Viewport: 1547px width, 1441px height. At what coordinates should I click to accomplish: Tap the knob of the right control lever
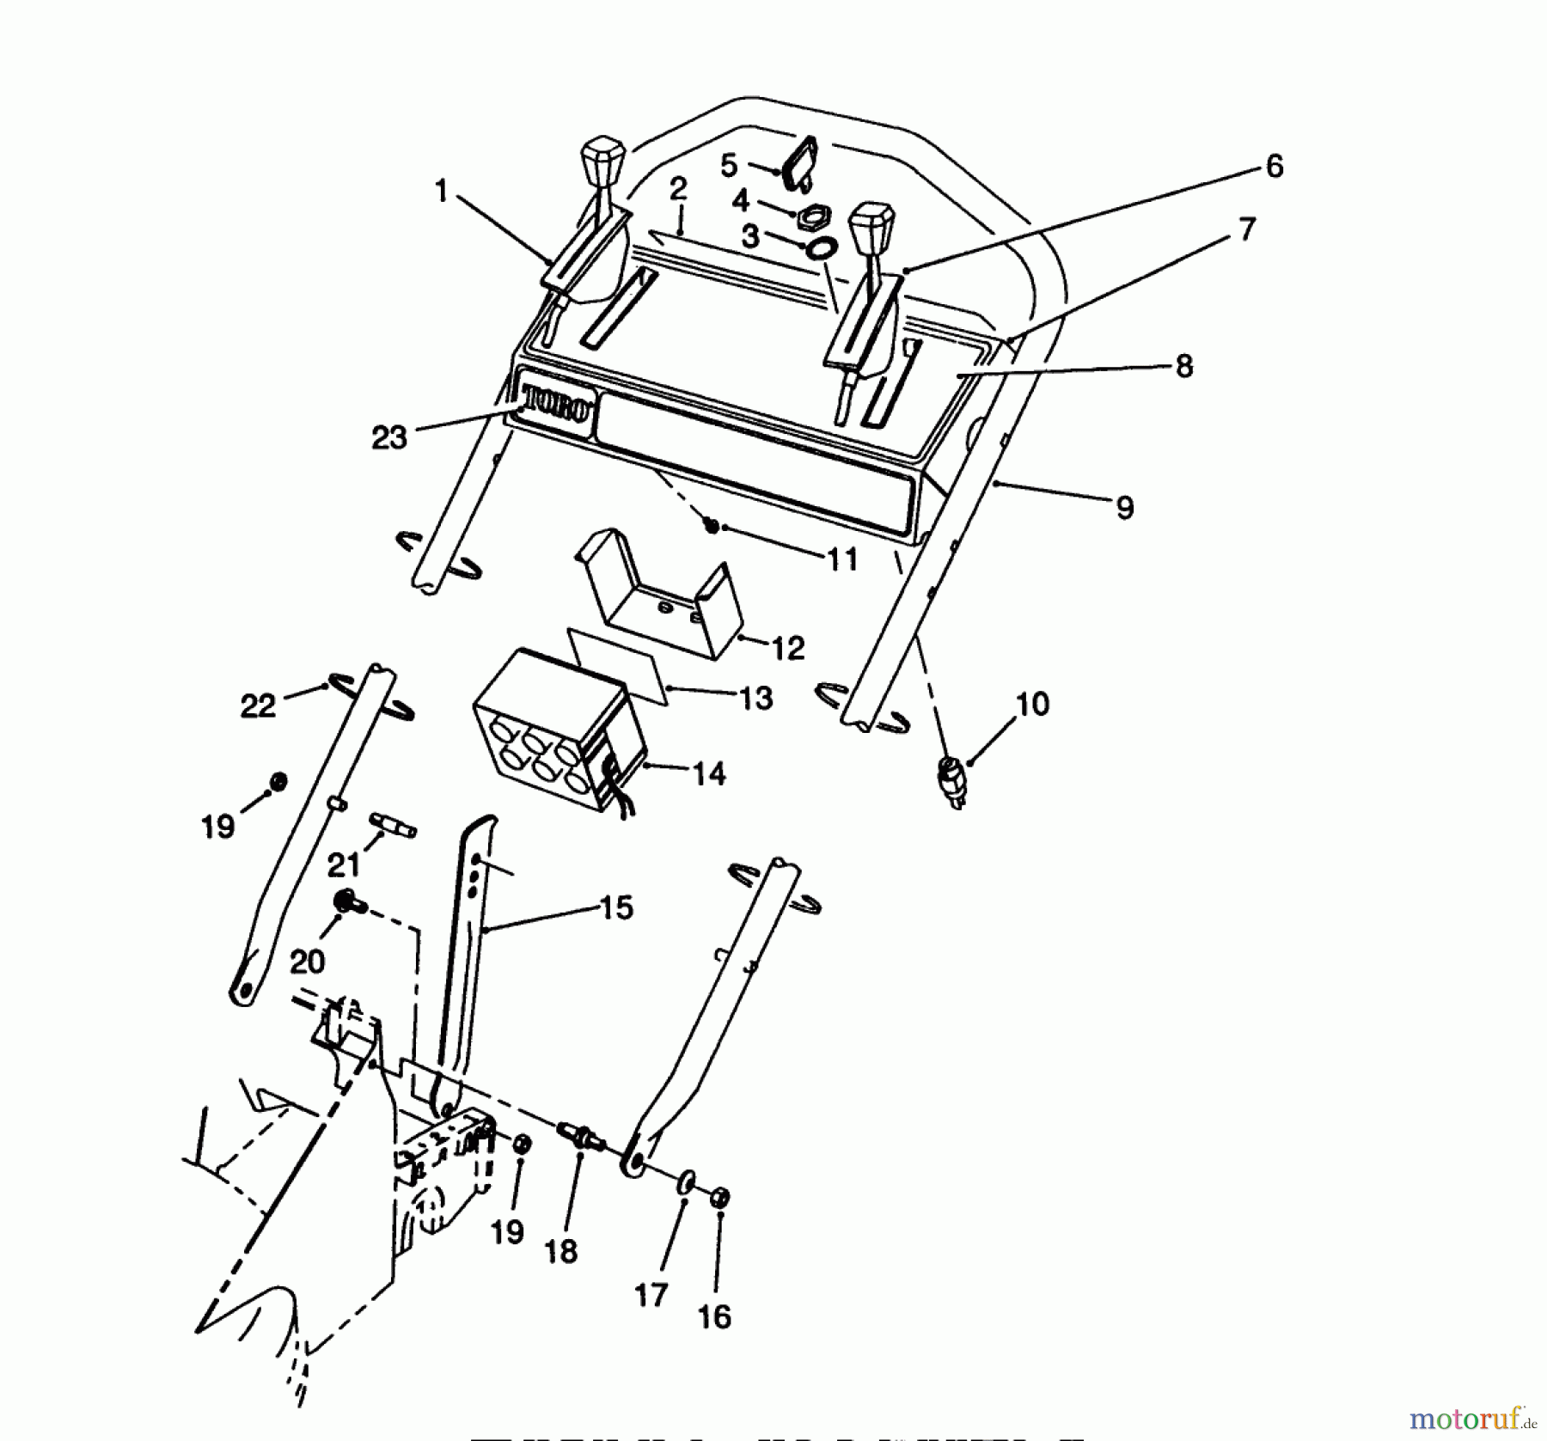pos(871,224)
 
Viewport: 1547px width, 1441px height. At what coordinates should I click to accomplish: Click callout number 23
pos(388,437)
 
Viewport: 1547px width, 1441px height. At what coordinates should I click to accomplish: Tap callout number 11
pos(842,559)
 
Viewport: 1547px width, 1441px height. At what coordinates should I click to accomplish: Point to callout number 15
pos(616,907)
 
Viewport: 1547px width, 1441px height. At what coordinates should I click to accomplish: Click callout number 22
pos(258,705)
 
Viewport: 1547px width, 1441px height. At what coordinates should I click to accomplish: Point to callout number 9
pos(1124,508)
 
